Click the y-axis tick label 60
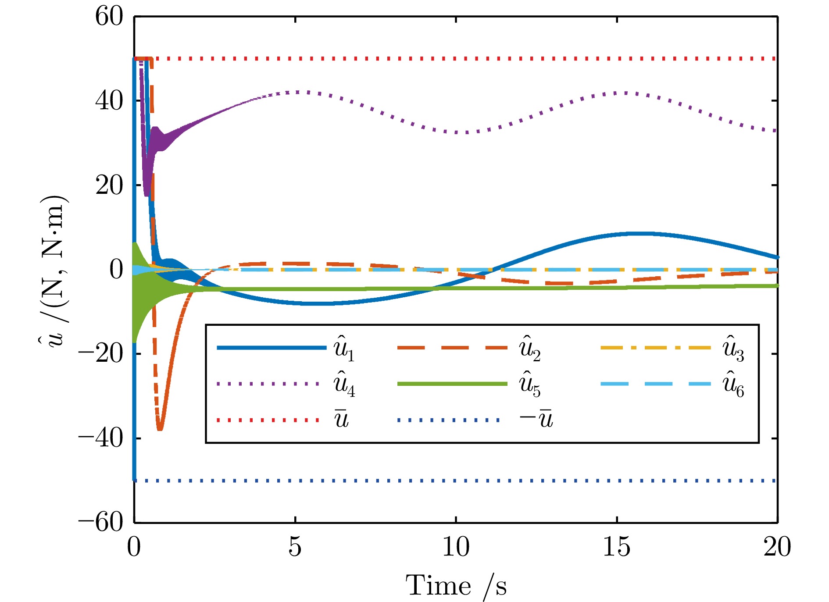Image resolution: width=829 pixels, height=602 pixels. [x=109, y=17]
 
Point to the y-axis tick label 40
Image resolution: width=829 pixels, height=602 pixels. [x=109, y=101]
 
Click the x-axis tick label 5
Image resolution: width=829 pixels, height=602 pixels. [x=295, y=547]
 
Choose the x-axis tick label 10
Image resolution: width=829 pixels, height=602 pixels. [x=456, y=547]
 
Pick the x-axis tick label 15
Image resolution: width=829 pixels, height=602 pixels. [x=617, y=547]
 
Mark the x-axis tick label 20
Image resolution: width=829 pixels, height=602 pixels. [x=777, y=547]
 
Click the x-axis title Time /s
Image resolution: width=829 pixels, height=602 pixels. [x=456, y=586]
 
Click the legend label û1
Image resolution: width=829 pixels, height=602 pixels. [x=344, y=349]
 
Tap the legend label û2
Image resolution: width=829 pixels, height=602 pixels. [x=530, y=349]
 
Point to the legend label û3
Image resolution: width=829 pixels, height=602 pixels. [x=733, y=349]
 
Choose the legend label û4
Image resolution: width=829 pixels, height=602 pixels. [x=344, y=385]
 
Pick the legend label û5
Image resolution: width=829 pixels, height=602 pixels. [x=530, y=385]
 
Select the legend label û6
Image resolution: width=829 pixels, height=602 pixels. [x=733, y=385]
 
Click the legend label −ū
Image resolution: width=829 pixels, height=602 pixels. [x=536, y=420]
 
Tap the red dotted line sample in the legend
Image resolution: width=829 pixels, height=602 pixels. [x=268, y=420]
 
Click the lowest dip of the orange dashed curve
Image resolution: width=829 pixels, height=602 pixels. [x=160, y=429]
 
